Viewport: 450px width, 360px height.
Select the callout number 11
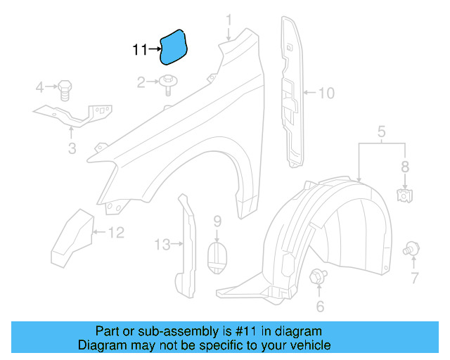[140, 50]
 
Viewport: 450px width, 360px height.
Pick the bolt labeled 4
[64, 89]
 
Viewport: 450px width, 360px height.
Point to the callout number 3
[72, 148]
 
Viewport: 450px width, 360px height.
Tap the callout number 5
[382, 131]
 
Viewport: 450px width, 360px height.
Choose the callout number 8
[405, 167]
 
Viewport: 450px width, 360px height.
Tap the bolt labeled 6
[317, 276]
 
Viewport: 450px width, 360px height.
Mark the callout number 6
[320, 306]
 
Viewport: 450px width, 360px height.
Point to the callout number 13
[162, 245]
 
